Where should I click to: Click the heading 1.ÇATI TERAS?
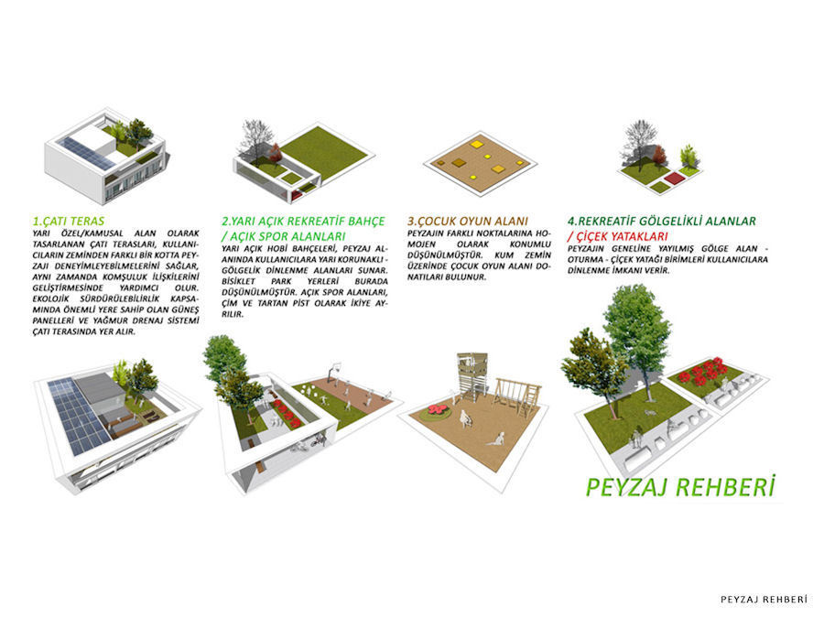coord(69,222)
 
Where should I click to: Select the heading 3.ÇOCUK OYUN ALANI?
coord(468,222)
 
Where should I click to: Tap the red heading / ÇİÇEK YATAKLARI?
coord(617,236)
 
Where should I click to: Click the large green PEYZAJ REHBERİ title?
coord(680,487)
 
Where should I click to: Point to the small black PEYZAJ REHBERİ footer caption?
coord(764,600)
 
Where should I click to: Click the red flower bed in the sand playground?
coord(439,411)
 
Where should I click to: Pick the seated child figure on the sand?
coord(496,439)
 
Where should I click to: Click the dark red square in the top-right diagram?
coord(674,179)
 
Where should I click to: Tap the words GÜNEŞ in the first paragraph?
coord(185,309)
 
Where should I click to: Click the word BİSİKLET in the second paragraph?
coord(238,281)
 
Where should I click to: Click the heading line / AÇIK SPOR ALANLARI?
coord(283,236)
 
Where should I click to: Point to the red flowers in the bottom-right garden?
coord(701,370)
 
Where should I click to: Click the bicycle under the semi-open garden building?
coord(318,441)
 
